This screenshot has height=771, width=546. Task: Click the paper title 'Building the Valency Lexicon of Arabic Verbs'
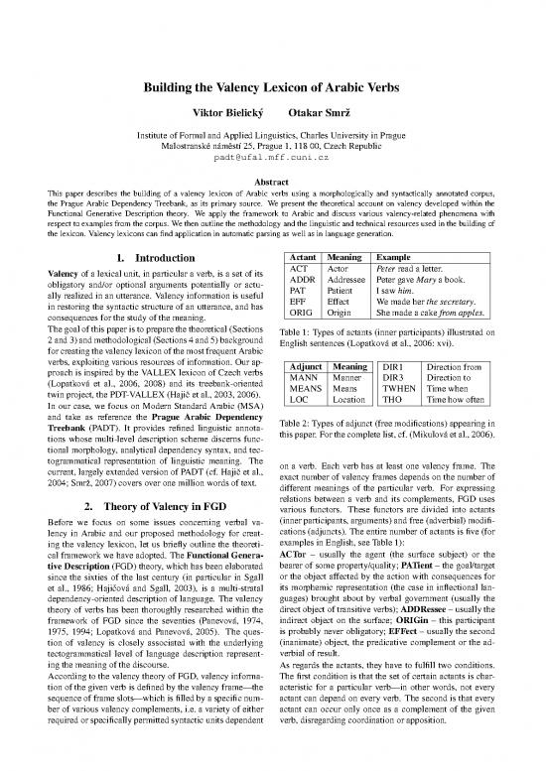click(272, 86)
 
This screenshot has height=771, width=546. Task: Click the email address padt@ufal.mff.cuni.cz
click(272, 157)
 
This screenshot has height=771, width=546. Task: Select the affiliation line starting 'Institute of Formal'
click(272, 133)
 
